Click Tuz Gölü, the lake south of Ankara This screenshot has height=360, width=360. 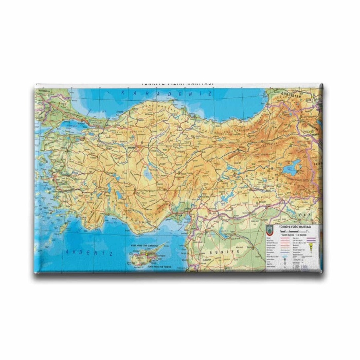pos(149,175)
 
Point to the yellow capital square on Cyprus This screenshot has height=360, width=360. pos(145,253)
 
